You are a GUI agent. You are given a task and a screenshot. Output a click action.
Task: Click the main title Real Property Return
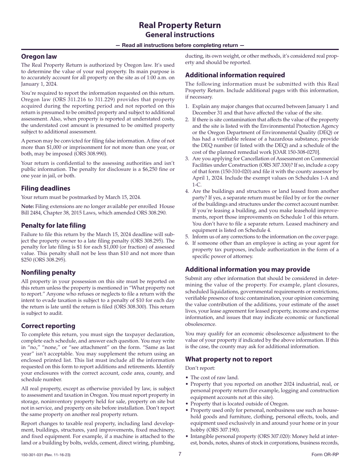pyautogui.click(x=180, y=25)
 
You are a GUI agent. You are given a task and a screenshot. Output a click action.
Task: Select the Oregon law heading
pyautogui.click(x=39, y=56)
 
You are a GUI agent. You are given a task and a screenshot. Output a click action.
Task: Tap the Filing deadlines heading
pyautogui.click(x=45, y=188)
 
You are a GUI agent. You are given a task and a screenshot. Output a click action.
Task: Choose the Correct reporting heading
pyautogui.click(x=48, y=326)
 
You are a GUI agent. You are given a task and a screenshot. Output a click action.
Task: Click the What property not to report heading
pyautogui.click(x=229, y=359)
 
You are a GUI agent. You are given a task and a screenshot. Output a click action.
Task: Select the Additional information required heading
pyautogui.click(x=235, y=75)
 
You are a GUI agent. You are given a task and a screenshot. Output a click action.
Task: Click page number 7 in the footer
pyautogui.click(x=180, y=454)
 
